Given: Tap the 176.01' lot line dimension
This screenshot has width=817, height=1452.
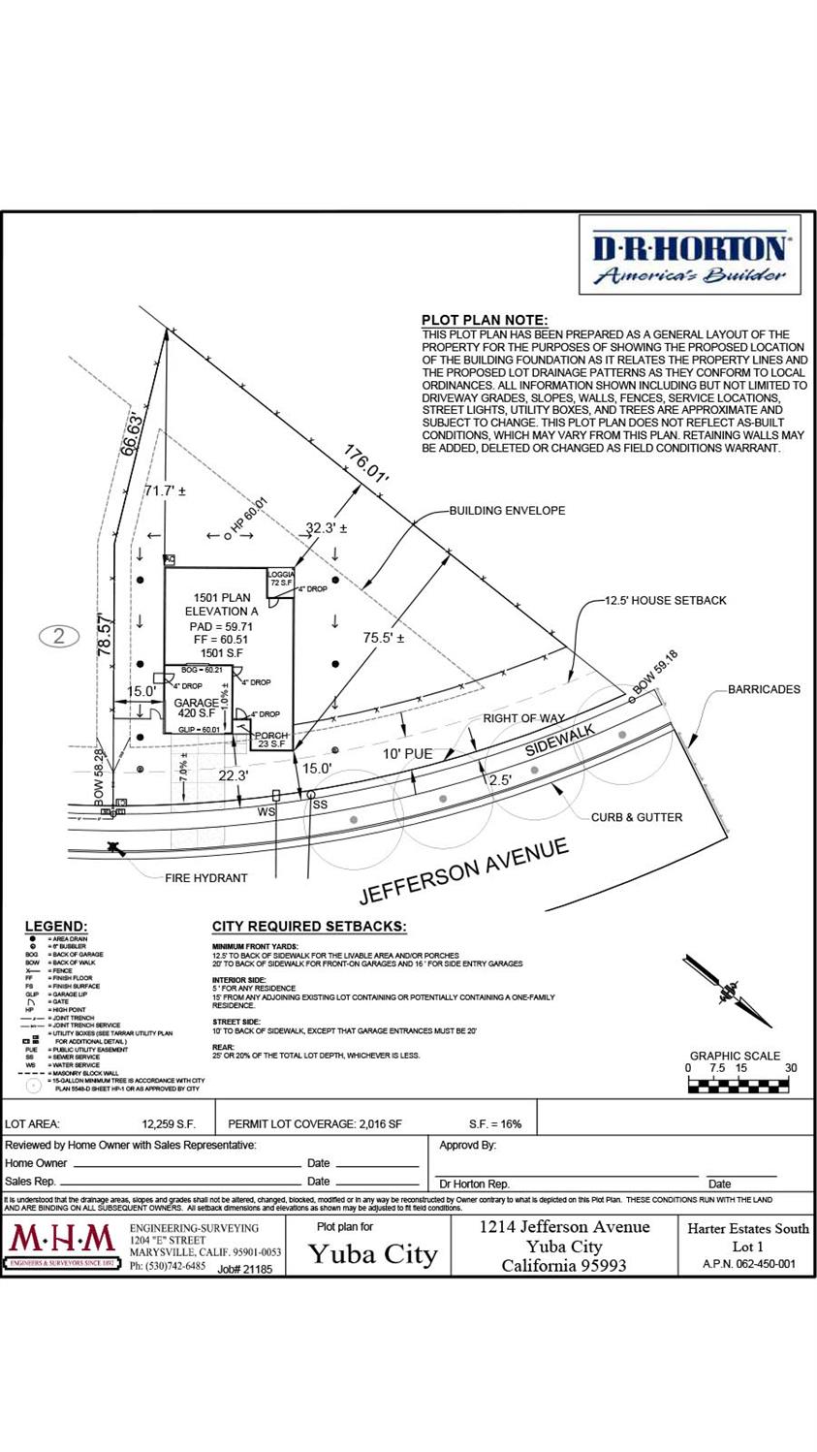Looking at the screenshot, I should click(365, 464).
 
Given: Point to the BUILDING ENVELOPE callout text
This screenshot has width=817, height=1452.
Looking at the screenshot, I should click(506, 510).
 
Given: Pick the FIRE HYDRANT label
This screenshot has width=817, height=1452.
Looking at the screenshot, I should click(205, 878).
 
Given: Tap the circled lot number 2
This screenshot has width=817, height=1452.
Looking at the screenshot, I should click(60, 637).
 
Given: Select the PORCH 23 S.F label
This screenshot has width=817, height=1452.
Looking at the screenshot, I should click(271, 741).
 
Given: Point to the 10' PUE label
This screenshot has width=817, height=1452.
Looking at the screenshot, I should click(406, 753).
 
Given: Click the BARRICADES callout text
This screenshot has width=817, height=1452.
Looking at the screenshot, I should click(765, 689).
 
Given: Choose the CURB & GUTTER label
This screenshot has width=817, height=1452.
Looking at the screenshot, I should click(637, 817).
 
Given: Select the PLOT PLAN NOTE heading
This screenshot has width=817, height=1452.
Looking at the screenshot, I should click(485, 321).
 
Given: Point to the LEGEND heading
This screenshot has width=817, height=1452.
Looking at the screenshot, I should click(55, 927).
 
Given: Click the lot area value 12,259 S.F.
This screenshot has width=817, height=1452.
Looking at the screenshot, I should click(169, 1124).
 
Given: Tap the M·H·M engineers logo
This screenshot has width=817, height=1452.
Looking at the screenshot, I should click(63, 1247).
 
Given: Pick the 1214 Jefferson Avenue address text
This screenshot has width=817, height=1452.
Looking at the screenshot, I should click(565, 1226).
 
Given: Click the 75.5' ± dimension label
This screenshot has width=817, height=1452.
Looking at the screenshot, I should click(383, 638).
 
